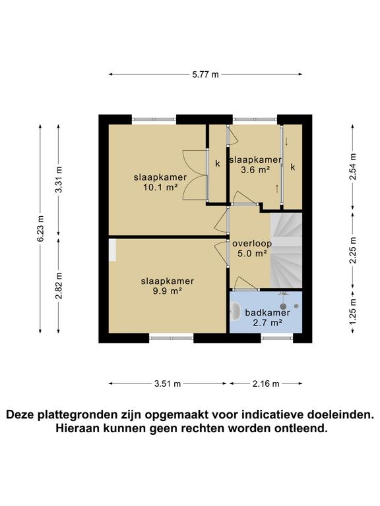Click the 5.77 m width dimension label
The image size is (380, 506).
pyautogui.click(x=205, y=75)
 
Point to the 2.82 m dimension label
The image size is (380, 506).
pyautogui.click(x=59, y=286)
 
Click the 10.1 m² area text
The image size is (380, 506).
pyautogui.click(x=160, y=187)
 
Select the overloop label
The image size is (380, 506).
pyautogui.click(x=249, y=243)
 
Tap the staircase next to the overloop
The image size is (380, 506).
pyautogui.click(x=286, y=250)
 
